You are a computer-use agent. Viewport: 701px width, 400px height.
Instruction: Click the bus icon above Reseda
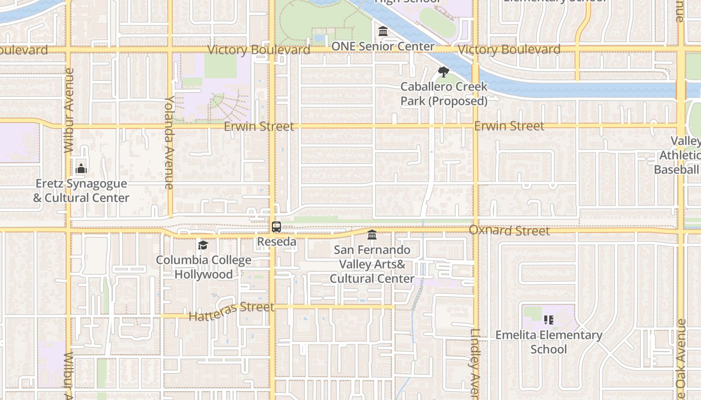coord(276,226)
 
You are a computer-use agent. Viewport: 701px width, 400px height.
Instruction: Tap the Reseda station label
coord(276,242)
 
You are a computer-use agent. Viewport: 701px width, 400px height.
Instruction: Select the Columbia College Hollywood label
coord(203,267)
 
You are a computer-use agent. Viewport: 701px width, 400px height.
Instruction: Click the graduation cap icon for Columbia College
coord(203,245)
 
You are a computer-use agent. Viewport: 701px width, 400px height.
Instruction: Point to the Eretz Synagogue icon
coord(81,168)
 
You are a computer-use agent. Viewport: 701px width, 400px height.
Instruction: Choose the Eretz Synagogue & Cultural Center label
coord(81,191)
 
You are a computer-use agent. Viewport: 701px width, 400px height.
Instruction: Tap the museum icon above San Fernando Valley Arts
coord(372,234)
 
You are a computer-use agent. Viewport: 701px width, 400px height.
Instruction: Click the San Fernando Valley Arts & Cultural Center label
coord(372,264)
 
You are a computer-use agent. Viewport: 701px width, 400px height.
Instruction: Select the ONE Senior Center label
coord(383,46)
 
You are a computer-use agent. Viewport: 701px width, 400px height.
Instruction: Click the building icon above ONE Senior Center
coord(383,31)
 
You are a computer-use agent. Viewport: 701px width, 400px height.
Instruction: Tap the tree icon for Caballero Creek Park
coord(443,71)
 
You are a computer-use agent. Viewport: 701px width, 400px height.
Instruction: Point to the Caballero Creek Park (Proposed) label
coord(444,94)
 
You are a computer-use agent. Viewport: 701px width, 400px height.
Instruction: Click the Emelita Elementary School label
coord(549,342)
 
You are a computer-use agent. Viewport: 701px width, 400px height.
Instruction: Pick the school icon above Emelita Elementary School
coord(549,319)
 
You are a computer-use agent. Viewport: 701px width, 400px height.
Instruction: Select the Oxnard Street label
coord(509,230)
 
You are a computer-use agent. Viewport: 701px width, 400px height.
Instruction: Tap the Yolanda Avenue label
coord(169,142)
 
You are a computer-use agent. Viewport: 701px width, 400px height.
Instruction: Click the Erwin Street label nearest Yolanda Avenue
coord(259,126)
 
